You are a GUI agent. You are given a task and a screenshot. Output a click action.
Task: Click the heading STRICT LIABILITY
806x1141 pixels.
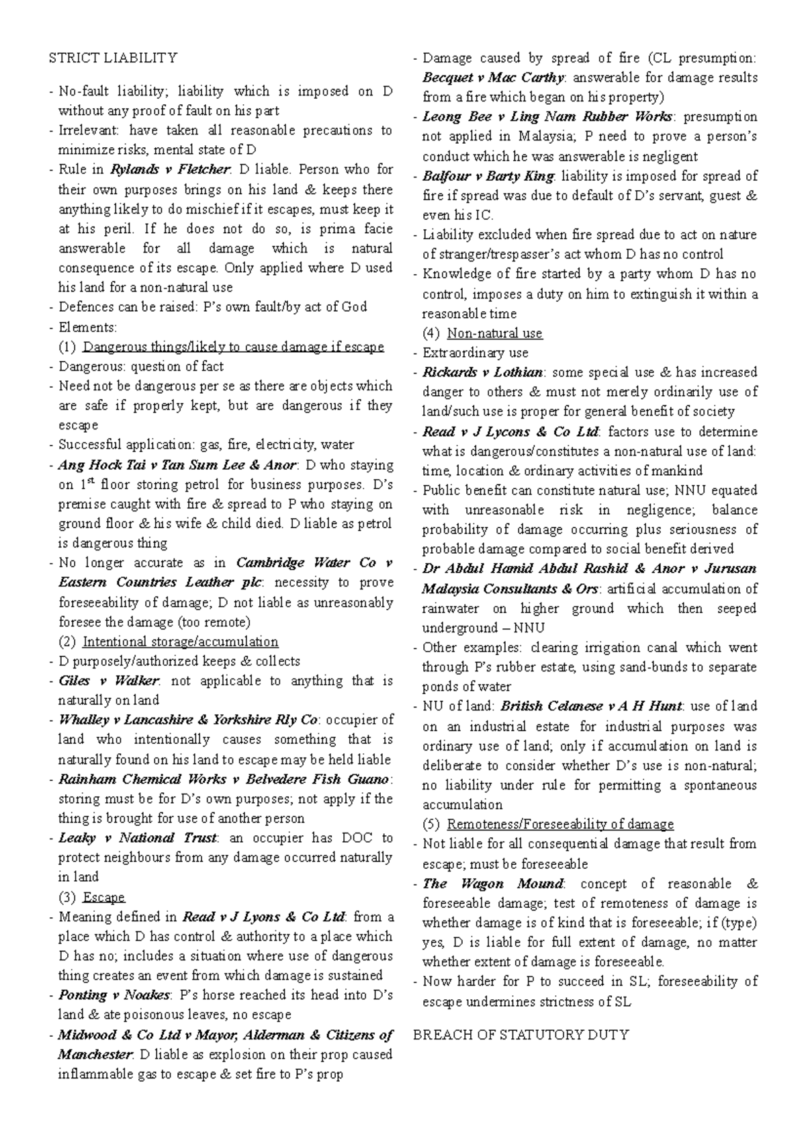pos(113,58)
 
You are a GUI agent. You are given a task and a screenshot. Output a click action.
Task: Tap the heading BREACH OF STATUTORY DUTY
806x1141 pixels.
pos(521,1035)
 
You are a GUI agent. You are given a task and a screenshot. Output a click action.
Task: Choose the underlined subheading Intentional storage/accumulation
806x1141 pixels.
pos(180,642)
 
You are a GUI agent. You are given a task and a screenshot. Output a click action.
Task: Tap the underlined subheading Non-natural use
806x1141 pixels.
pos(494,333)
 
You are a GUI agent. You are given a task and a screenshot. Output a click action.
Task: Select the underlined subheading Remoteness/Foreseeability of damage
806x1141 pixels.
pos(560,825)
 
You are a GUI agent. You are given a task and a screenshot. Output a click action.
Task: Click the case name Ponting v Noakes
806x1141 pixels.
pos(115,995)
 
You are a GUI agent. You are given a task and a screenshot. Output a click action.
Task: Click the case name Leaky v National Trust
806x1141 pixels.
pos(137,838)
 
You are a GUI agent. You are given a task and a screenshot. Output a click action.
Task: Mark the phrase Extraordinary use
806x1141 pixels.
pos(475,353)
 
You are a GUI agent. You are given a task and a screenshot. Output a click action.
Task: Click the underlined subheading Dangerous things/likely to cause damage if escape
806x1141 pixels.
pos(233,347)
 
